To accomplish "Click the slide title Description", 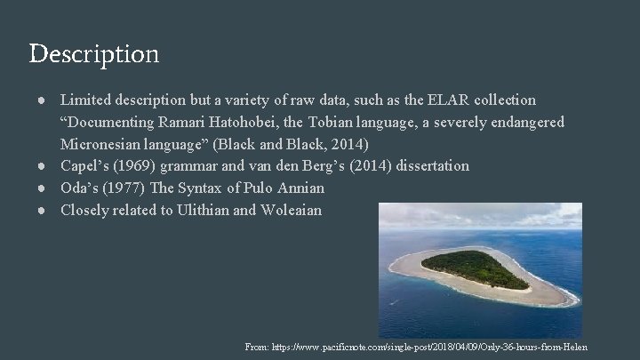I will pyautogui.click(x=94, y=54).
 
